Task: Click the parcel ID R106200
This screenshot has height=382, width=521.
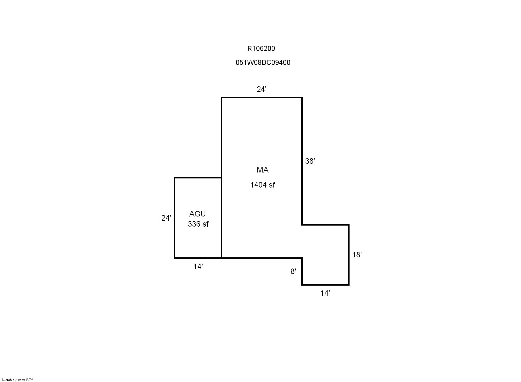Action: click(261, 49)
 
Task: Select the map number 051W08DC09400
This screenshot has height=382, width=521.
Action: click(263, 63)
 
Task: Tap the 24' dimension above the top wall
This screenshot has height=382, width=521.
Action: click(261, 89)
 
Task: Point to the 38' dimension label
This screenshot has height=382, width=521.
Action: click(310, 161)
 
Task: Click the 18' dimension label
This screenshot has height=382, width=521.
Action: click(357, 255)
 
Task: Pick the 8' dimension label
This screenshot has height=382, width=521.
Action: click(293, 271)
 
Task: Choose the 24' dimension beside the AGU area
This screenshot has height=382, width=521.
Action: click(166, 218)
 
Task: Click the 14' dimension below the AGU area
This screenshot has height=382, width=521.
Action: click(198, 267)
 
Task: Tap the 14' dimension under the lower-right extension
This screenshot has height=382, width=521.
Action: click(325, 293)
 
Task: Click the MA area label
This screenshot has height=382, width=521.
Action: click(263, 170)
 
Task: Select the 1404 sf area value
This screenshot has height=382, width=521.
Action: click(262, 185)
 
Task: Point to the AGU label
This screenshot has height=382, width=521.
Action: click(197, 214)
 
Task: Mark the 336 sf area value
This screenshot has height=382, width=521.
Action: click(198, 224)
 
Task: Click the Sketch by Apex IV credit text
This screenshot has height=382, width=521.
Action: click(17, 380)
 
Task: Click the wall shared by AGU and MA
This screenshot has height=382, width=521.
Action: click(221, 218)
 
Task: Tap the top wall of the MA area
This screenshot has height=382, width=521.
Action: click(262, 97)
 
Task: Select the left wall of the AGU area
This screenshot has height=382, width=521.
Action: click(175, 218)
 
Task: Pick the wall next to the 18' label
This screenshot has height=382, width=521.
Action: click(348, 255)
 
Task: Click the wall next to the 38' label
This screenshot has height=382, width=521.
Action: click(302, 161)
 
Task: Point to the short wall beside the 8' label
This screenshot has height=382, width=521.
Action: click(302, 272)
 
